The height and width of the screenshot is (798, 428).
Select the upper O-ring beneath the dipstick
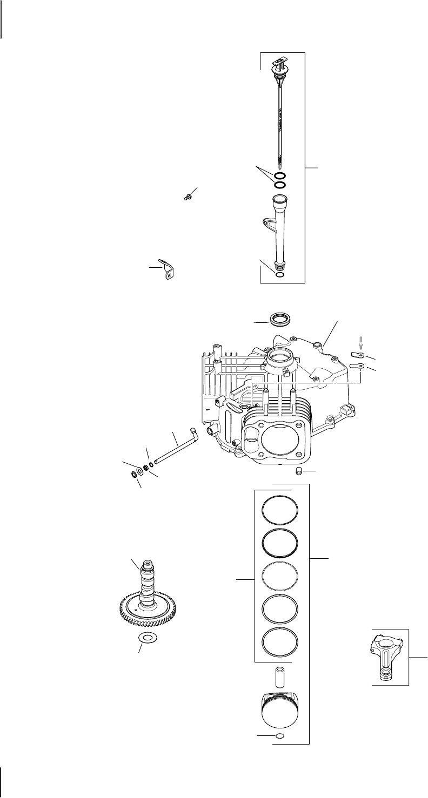[x=280, y=176]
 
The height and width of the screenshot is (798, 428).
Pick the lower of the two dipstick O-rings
[x=280, y=185]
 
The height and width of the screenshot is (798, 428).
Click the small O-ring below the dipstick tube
[x=279, y=275]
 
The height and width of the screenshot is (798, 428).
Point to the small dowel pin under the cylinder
[x=298, y=473]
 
